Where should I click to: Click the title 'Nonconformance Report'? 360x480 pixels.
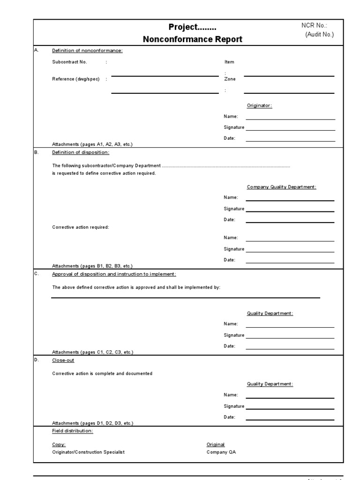(x=193, y=39)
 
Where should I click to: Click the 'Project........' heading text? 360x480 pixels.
(x=193, y=27)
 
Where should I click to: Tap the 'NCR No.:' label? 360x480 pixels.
(x=314, y=26)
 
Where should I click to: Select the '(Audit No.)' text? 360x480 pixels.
(x=319, y=35)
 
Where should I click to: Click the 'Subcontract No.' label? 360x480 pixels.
(x=69, y=62)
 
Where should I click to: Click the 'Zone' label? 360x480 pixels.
(x=230, y=79)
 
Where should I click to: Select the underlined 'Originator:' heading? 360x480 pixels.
(x=259, y=105)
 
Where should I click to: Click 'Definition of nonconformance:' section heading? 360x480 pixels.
(x=87, y=51)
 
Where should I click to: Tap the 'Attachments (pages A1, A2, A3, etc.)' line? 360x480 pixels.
(x=92, y=144)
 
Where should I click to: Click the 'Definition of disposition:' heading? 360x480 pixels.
(x=81, y=152)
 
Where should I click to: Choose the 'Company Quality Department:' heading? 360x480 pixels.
(x=281, y=187)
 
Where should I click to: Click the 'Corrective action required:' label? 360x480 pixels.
(x=80, y=227)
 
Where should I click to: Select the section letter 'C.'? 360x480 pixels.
(x=37, y=273)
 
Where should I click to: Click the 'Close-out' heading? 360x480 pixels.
(x=63, y=360)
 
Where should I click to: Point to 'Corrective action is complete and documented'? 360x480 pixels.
(x=102, y=374)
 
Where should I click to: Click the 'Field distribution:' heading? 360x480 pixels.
(x=72, y=431)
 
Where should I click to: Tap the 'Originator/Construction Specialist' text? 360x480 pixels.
(x=88, y=452)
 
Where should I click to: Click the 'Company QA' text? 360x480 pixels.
(x=218, y=452)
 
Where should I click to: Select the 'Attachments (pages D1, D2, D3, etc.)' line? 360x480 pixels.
(x=92, y=423)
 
